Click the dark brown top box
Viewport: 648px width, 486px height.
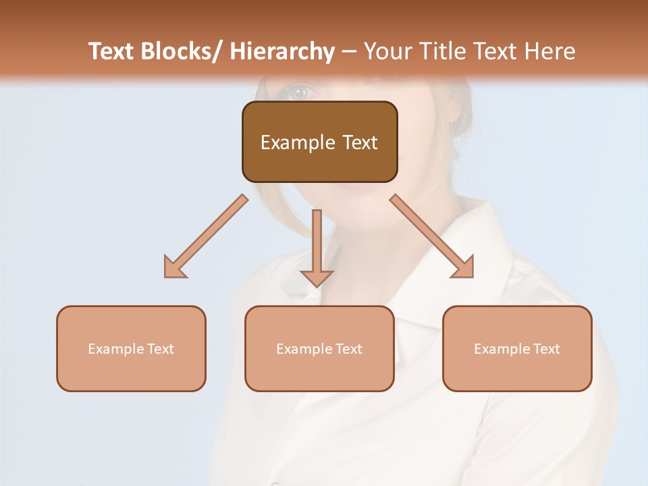click(x=319, y=142)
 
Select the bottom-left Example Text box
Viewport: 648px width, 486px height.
click(x=131, y=348)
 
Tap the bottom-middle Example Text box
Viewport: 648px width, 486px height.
click(x=319, y=348)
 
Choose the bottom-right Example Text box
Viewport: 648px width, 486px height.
click(x=517, y=348)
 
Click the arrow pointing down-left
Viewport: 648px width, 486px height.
click(x=207, y=236)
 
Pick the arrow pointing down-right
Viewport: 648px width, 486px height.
click(x=432, y=236)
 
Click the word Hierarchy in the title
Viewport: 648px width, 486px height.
click(x=281, y=51)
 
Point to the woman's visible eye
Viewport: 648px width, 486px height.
click(x=298, y=92)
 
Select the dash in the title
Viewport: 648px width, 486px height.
click(x=349, y=51)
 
